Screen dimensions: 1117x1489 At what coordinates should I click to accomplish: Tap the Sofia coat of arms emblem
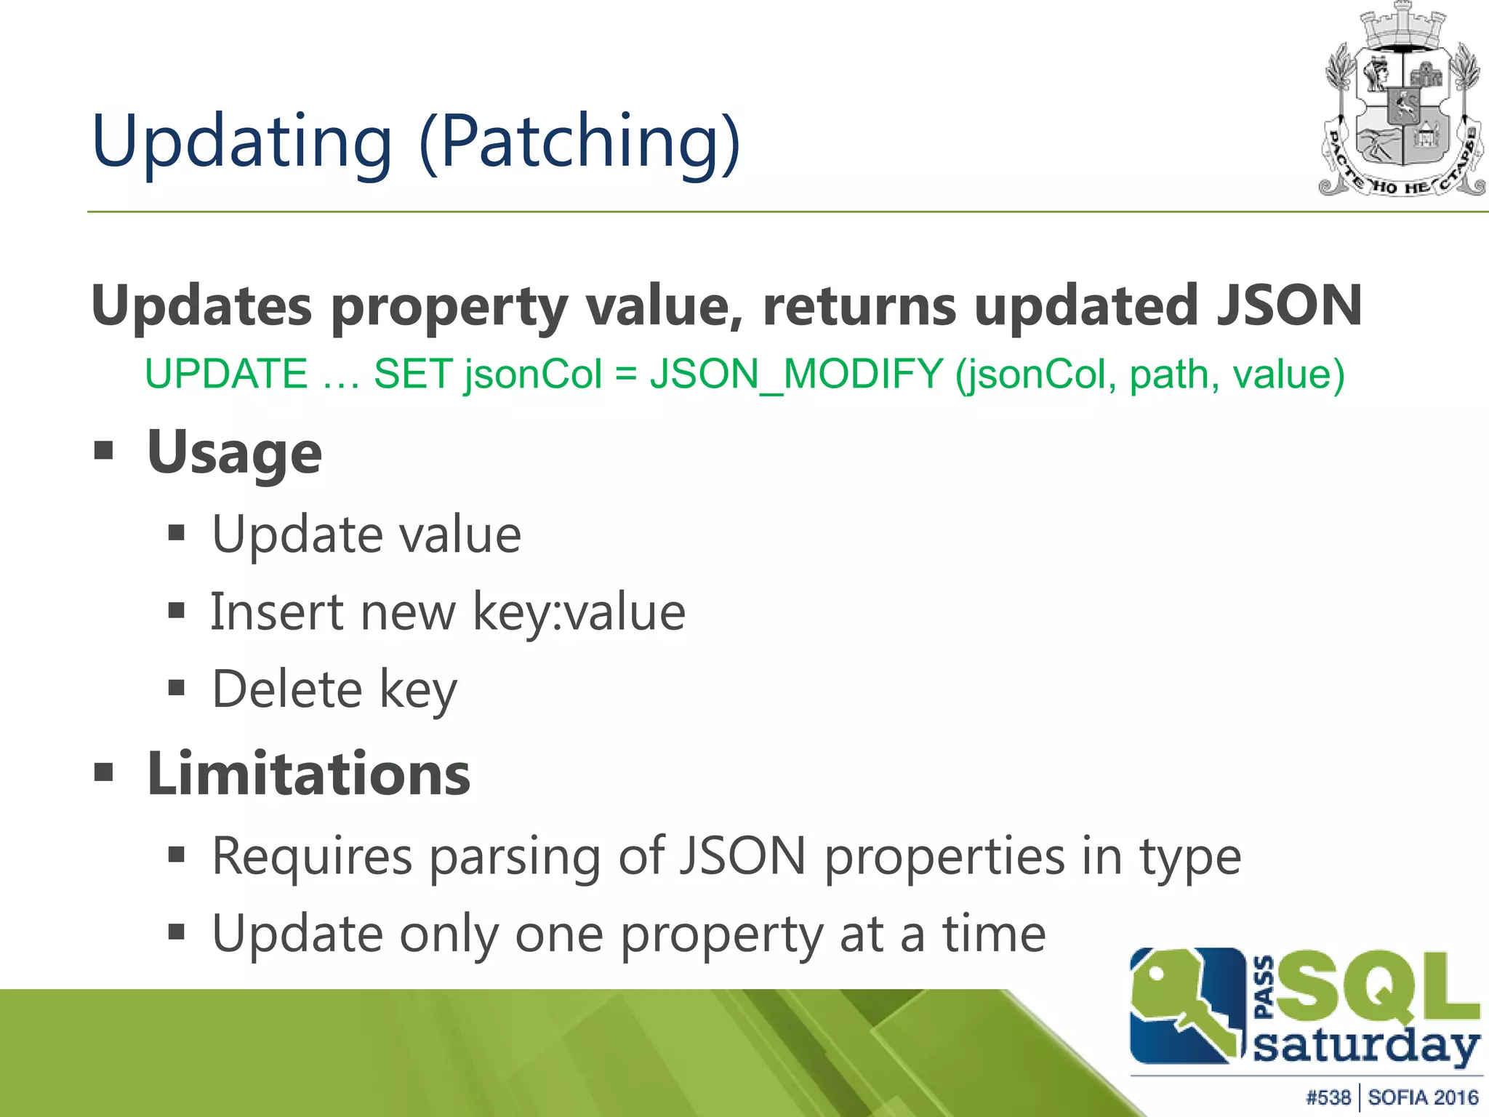point(1402,102)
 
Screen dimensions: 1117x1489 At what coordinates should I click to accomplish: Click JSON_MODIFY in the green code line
point(796,375)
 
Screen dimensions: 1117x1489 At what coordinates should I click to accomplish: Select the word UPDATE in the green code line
point(226,375)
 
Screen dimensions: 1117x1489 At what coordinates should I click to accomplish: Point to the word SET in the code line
point(414,375)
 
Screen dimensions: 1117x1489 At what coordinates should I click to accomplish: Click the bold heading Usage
point(234,453)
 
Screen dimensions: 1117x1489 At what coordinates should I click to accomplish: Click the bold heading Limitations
point(308,774)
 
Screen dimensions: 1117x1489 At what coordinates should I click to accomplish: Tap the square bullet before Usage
point(104,450)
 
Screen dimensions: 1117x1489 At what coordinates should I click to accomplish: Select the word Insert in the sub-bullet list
point(277,612)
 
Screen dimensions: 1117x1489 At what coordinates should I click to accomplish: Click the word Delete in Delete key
point(286,689)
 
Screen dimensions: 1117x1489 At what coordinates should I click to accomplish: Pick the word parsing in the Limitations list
point(515,857)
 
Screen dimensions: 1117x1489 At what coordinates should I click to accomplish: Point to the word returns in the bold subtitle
point(859,305)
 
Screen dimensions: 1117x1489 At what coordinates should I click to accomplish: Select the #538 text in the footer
point(1328,1097)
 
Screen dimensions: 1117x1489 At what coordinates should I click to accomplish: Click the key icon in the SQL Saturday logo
point(1181,1007)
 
